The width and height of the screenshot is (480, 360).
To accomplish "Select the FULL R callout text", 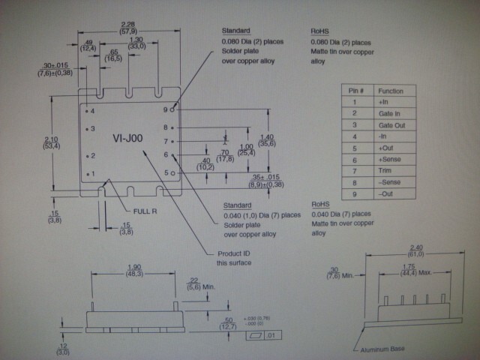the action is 145,211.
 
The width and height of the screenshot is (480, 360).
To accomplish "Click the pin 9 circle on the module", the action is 173,109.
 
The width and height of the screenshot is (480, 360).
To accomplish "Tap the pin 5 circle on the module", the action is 173,173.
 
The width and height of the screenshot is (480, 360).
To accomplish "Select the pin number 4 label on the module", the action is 92,110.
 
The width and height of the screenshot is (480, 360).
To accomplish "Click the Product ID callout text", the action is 234,257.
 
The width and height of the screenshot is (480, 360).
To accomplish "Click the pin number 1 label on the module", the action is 92,174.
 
